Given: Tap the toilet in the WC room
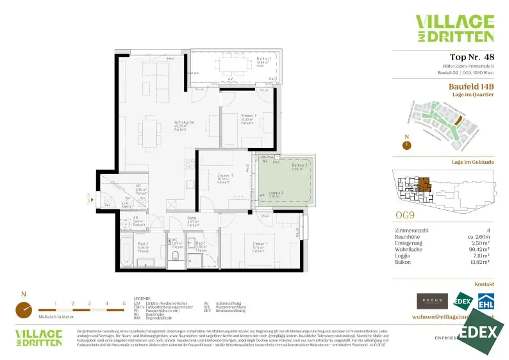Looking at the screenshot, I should pos(174,256).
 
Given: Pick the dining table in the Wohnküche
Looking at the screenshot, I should pos(148,132).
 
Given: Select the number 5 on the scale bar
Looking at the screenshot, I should pos(124,303).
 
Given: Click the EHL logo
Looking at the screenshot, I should pos(485,302).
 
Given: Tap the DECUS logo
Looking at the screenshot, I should pos(431,301).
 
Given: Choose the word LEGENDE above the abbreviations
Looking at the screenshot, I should pos(143,299).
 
